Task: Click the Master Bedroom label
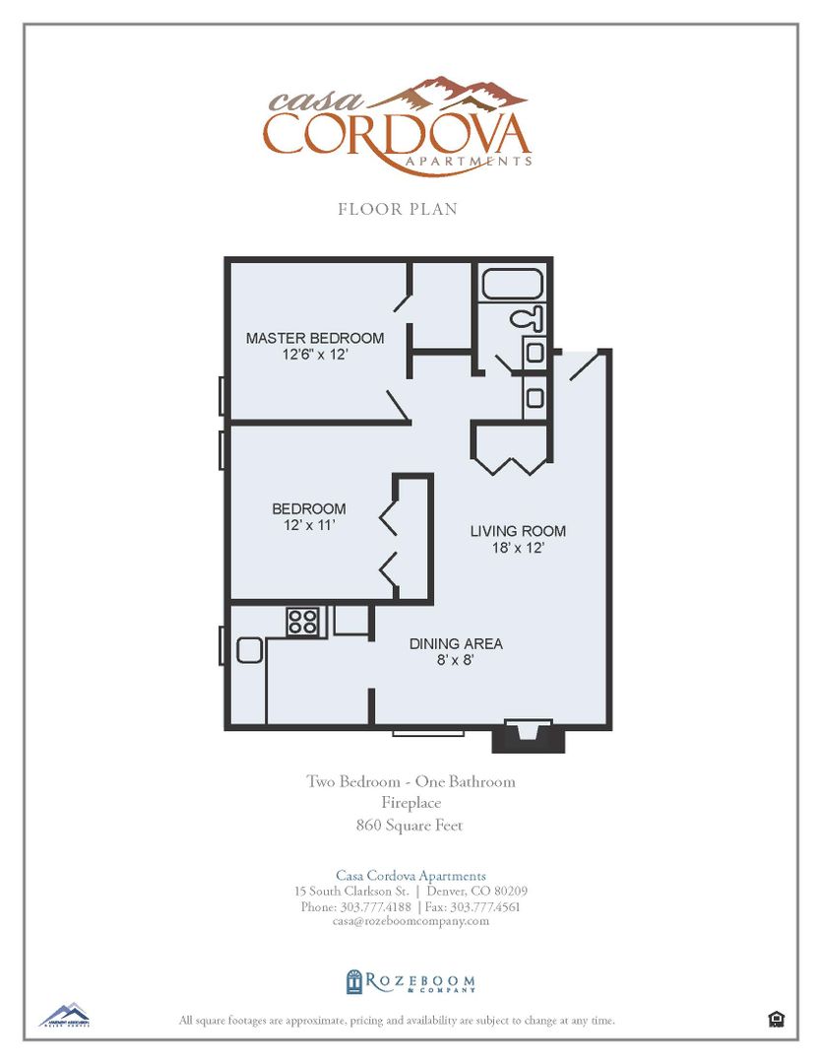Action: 314,338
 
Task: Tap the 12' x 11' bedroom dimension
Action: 308,525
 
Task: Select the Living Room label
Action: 518,531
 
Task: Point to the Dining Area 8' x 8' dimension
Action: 456,660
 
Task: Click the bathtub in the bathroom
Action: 512,285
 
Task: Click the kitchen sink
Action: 248,649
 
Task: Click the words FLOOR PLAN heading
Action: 398,209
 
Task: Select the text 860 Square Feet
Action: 410,826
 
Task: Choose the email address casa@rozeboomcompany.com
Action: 411,921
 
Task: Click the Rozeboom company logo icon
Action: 354,981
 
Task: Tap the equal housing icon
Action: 776,1020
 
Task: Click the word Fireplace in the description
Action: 411,804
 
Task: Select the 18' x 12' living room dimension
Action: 518,548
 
